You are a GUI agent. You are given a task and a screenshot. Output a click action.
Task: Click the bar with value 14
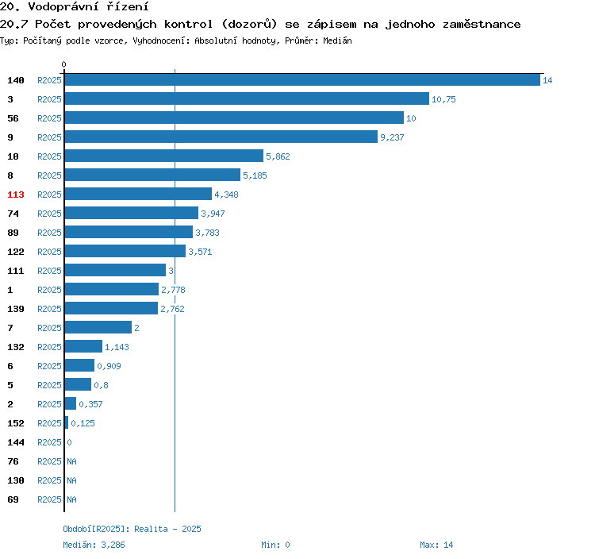coord(302,80)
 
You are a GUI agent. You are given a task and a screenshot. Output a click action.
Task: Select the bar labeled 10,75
coord(247,98)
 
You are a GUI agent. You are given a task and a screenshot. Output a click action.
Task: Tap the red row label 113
coord(16,195)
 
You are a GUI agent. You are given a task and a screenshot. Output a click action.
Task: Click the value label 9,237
coord(392,137)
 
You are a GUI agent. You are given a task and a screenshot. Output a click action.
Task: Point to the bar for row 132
coord(83,346)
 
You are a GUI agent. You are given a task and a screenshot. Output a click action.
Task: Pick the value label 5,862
coord(278,156)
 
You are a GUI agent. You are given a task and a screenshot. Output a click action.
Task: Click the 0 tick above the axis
coord(63,64)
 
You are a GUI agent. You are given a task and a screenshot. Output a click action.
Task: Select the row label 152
coord(16,423)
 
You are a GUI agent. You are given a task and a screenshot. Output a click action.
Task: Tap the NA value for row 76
coord(71,461)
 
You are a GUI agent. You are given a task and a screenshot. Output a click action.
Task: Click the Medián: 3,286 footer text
coord(94,545)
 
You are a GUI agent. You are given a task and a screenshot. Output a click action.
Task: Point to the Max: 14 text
coord(436,545)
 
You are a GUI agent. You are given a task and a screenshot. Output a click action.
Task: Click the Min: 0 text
coord(275,545)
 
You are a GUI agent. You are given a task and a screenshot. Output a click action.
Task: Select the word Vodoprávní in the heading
coord(63,6)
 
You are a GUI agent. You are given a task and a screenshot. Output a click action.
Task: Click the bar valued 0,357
coord(71,403)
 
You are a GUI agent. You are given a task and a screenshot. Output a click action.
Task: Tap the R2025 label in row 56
coord(49,118)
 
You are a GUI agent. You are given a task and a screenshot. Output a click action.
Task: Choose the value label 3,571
coord(200,252)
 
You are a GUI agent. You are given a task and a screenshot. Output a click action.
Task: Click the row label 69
coord(13,499)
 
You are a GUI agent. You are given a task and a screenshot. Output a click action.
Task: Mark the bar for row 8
coord(152,175)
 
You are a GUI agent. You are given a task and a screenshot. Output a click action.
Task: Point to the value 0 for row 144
coord(70,442)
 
